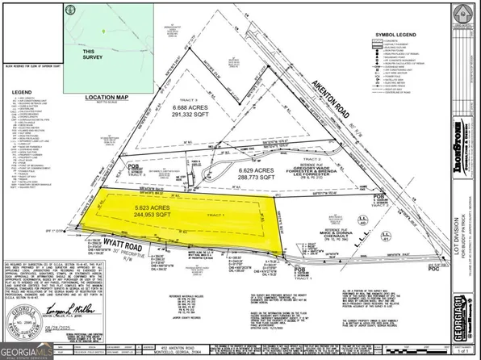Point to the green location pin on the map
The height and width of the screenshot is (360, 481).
click(105, 31)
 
